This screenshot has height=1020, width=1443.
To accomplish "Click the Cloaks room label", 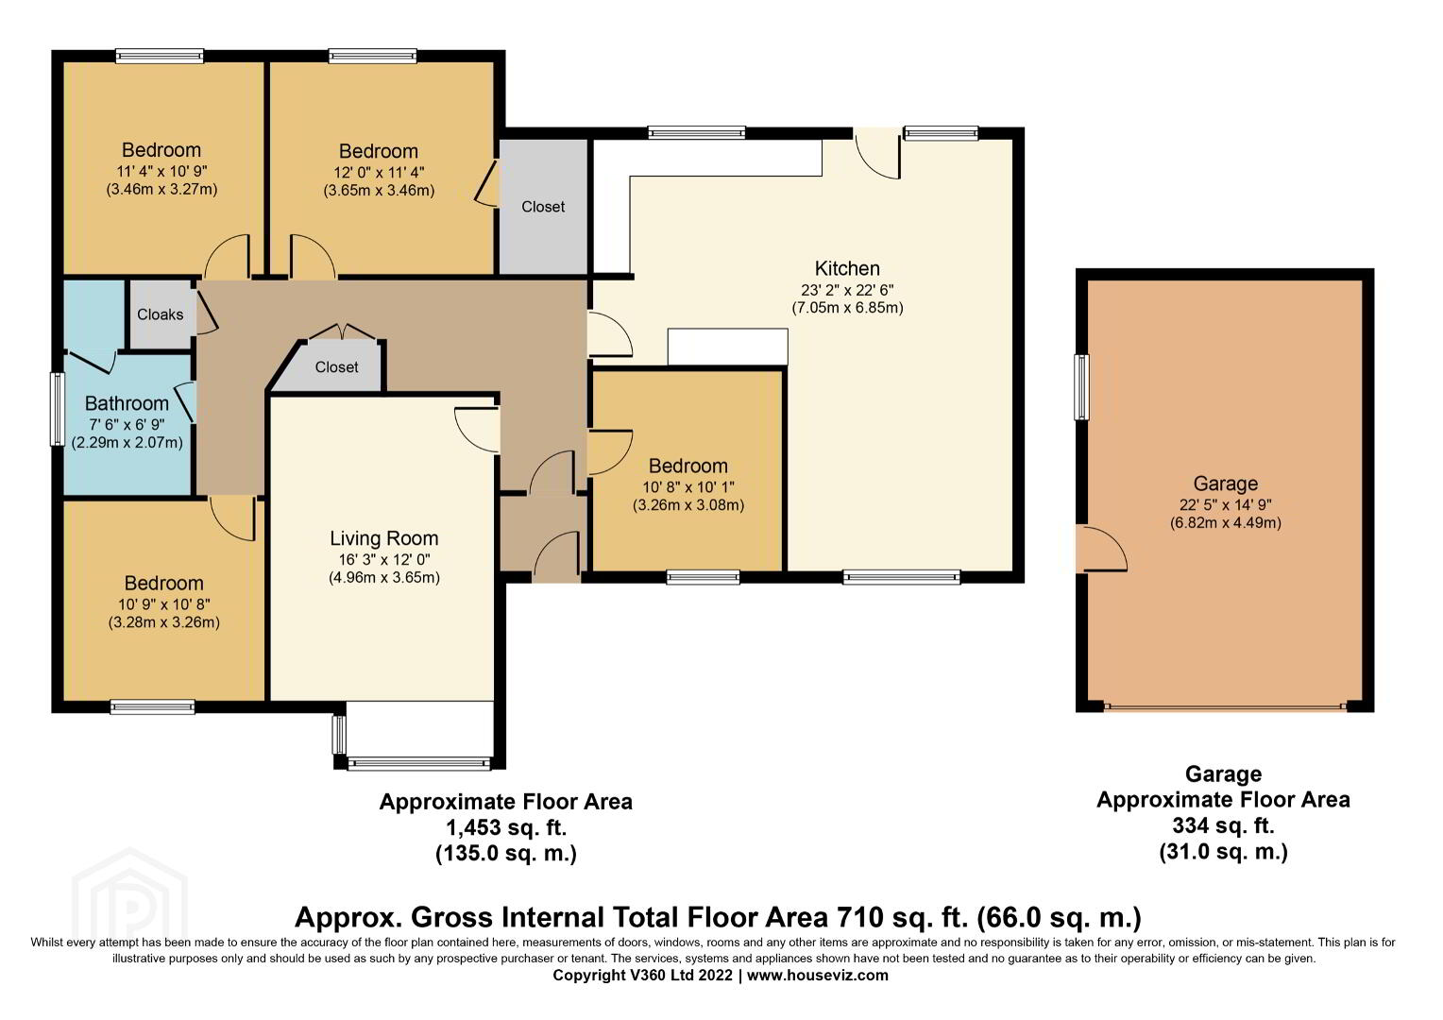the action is (160, 314).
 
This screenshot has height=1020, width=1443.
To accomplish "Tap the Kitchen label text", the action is (847, 268).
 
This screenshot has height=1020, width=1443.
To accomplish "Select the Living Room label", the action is (384, 538).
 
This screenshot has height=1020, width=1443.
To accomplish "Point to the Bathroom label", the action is (127, 403).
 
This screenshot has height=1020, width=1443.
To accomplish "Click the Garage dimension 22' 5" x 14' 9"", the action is (1225, 505).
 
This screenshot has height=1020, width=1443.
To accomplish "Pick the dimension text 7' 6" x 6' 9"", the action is (127, 425).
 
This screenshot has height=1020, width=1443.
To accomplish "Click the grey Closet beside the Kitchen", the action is (543, 206).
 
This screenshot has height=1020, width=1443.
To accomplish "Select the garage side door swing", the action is (1103, 549).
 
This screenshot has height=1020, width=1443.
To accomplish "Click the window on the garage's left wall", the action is (1081, 386).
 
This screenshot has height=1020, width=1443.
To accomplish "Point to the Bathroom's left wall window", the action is (58, 409).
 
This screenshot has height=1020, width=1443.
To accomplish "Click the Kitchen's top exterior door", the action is (877, 153).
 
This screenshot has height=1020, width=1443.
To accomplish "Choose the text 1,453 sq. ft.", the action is (505, 826).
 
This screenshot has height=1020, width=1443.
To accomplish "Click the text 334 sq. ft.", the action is (1223, 825).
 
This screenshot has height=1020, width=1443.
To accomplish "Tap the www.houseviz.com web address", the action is (818, 975).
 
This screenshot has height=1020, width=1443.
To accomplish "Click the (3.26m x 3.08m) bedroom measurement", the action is (688, 505).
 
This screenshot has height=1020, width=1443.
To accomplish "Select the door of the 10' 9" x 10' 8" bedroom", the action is (233, 518).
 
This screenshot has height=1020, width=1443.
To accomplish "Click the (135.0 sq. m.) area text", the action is (505, 853).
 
